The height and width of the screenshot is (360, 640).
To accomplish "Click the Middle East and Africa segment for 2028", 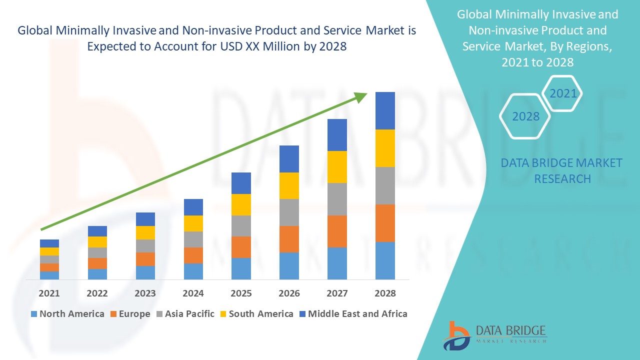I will (385, 110).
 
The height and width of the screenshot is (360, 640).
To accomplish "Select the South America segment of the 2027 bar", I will (337, 167).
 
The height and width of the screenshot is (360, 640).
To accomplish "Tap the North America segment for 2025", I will (241, 268).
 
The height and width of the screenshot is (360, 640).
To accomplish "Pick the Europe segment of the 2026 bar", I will (289, 239).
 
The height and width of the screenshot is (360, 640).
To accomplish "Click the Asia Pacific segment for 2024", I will (193, 239).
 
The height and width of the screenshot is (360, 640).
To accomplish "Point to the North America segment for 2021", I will (49, 275).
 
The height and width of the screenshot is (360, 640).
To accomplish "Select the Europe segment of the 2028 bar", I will (385, 223).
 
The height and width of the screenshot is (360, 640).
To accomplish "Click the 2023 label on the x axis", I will (145, 293).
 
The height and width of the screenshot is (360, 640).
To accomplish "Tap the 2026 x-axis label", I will (289, 293).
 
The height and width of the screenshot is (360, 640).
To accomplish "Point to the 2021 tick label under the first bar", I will (49, 293).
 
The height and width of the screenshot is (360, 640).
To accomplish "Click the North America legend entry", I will (67, 314).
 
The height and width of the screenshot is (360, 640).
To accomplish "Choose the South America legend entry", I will (256, 314).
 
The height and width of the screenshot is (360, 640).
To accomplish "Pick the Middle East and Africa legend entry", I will (353, 314).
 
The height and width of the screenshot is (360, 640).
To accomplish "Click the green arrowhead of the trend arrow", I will (361, 96).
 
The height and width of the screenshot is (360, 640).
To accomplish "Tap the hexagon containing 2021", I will (562, 93).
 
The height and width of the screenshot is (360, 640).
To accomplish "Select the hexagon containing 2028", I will (525, 116).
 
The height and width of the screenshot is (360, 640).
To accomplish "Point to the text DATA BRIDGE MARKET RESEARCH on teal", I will (562, 170).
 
